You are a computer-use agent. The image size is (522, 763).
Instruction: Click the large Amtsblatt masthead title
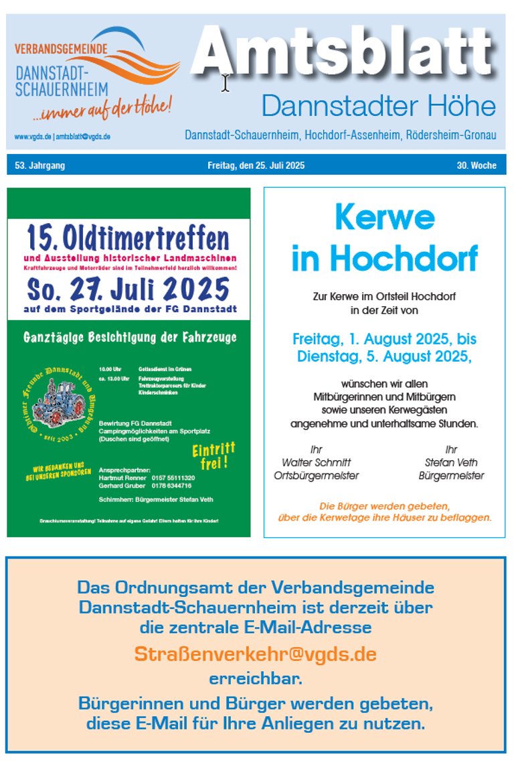pos(345,54)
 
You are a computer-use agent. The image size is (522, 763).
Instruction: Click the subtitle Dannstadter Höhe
pos(378,106)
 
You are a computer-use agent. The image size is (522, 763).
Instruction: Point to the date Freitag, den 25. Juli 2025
pos(256,165)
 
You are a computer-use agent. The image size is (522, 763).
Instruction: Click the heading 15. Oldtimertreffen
pos(128,238)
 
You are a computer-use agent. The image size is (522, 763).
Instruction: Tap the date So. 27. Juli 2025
pos(128,289)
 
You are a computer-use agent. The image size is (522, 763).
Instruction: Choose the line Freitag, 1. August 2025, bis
pos(384,339)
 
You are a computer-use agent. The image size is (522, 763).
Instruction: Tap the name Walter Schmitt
pos(316,462)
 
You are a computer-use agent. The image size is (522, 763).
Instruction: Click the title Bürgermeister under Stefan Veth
pos(450,476)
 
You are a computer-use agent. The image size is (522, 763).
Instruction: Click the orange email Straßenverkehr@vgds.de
pos(255,654)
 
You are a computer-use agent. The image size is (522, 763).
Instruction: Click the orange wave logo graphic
pos(134,57)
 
